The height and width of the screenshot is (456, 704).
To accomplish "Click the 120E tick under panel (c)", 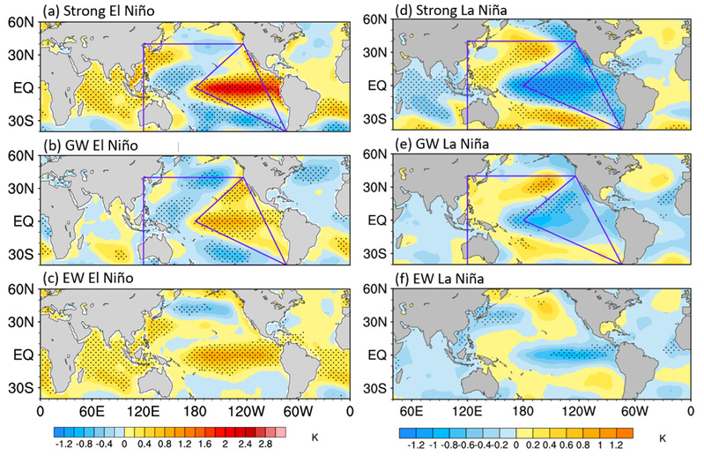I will (143, 410).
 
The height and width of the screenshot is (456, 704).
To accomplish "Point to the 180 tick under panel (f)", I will (518, 410).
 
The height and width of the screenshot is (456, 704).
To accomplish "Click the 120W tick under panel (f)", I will (569, 410).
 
